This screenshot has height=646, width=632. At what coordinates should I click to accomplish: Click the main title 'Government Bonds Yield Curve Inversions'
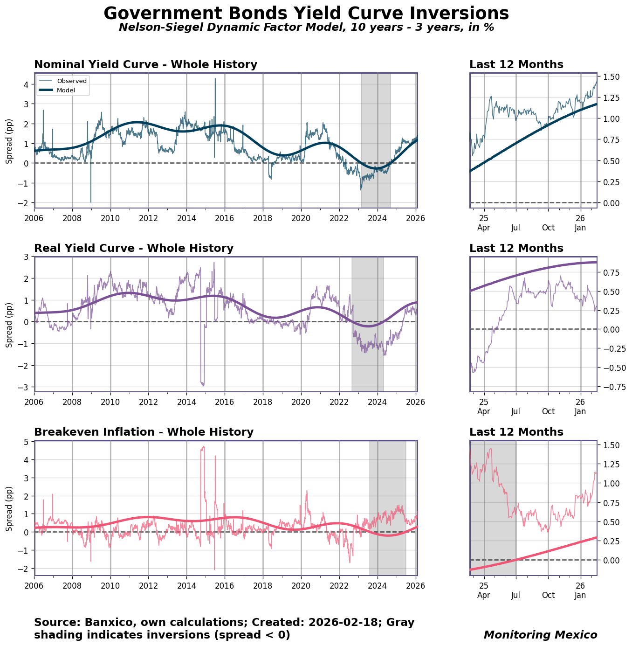306,14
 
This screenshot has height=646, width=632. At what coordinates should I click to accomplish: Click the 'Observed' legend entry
72,81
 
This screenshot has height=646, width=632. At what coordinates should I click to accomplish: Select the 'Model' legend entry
66,90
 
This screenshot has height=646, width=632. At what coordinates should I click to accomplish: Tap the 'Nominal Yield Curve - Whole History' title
145,65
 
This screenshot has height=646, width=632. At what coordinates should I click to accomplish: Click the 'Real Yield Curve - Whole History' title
134,249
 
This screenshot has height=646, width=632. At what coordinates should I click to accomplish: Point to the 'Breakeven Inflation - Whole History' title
144,432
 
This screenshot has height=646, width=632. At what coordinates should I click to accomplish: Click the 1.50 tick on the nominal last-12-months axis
611,76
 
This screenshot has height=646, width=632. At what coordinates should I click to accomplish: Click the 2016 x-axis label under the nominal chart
225,218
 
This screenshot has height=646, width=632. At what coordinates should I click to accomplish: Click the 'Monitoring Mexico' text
540,635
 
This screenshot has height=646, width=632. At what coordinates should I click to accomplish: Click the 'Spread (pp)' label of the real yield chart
9,324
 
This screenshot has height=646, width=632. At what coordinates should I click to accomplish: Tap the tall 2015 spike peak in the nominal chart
215,79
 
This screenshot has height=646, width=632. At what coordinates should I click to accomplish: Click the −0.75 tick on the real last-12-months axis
610,387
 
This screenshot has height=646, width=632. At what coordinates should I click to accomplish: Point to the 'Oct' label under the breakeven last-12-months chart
548,595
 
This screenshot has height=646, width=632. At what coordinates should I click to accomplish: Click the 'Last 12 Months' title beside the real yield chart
516,249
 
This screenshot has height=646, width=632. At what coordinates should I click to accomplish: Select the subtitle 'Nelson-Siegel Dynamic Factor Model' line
306,28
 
